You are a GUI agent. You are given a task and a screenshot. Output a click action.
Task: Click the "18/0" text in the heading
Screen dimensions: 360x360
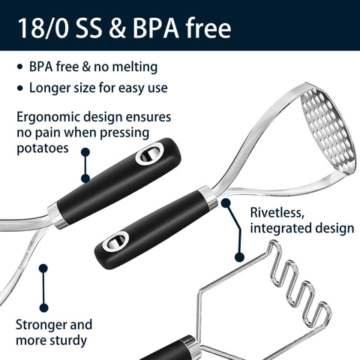[43, 28]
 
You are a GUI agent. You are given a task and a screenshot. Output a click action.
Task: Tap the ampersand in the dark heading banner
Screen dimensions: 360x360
[117, 28]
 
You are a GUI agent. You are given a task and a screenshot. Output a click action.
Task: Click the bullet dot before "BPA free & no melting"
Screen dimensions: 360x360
[20, 67]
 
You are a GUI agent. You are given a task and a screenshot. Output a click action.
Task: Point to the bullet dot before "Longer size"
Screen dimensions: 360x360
[20, 88]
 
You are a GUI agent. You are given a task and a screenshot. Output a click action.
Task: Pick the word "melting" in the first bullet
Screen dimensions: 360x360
[134, 67]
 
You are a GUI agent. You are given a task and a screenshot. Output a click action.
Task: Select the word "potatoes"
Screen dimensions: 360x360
[43, 148]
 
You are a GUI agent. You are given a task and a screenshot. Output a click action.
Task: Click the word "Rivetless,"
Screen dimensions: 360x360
[277, 213]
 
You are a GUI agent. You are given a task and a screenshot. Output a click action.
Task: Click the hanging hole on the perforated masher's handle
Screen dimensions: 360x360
[115, 241]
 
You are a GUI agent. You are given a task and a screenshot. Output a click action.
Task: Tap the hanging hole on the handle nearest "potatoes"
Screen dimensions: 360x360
[149, 154]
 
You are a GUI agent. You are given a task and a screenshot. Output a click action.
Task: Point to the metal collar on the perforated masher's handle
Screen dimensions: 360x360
[208, 197]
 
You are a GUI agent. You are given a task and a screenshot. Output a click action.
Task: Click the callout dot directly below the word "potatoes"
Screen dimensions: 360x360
[85, 152]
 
